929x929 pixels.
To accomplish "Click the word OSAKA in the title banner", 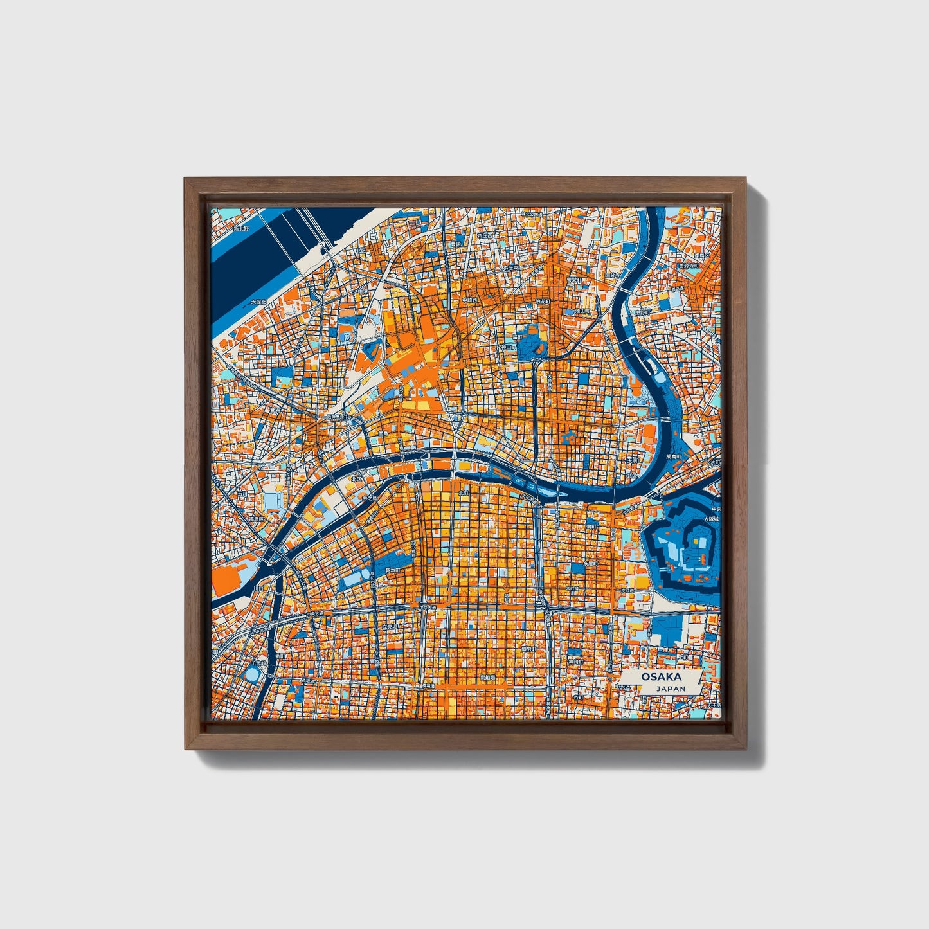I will click(x=661, y=677).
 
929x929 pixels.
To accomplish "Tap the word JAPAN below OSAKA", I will click(x=671, y=689).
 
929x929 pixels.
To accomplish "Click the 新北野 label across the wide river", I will click(x=240, y=228).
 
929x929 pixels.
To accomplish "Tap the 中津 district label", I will click(x=365, y=291).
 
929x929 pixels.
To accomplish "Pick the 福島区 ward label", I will click(x=257, y=518).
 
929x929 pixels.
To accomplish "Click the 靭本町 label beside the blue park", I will click(x=392, y=570).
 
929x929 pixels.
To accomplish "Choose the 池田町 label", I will click(x=581, y=312).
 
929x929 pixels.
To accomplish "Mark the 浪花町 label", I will click(x=544, y=300).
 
